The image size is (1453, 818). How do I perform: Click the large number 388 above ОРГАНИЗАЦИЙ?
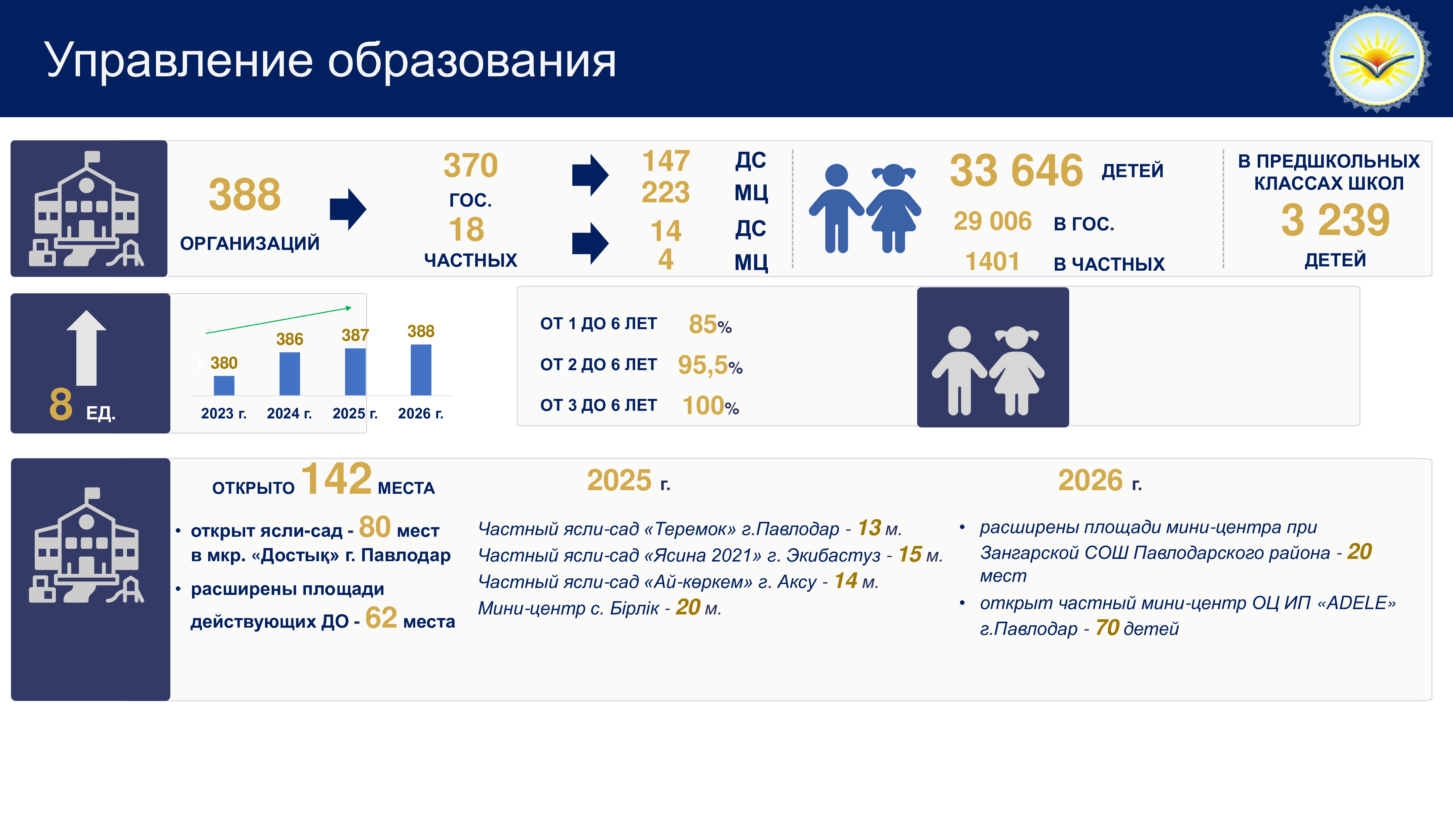pos(245,195)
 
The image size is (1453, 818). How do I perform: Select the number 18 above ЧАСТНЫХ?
pos(467,230)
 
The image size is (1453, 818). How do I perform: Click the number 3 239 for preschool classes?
pos(1335,220)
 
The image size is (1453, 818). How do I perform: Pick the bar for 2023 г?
pos(224,385)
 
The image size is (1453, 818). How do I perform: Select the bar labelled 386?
pos(290,373)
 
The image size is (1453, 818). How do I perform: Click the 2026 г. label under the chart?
pos(421,413)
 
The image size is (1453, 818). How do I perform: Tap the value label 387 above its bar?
pos(355,335)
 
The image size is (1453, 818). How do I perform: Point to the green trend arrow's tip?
pos(351,307)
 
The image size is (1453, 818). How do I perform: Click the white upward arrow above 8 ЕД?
pos(86,347)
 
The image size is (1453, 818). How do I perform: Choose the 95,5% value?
pos(710,365)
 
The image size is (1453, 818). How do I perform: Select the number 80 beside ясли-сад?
pos(374,527)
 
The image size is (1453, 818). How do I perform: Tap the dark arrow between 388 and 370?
pos(348,209)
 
